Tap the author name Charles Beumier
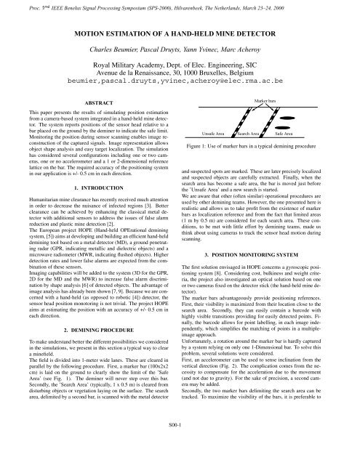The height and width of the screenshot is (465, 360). tap(113, 52)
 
